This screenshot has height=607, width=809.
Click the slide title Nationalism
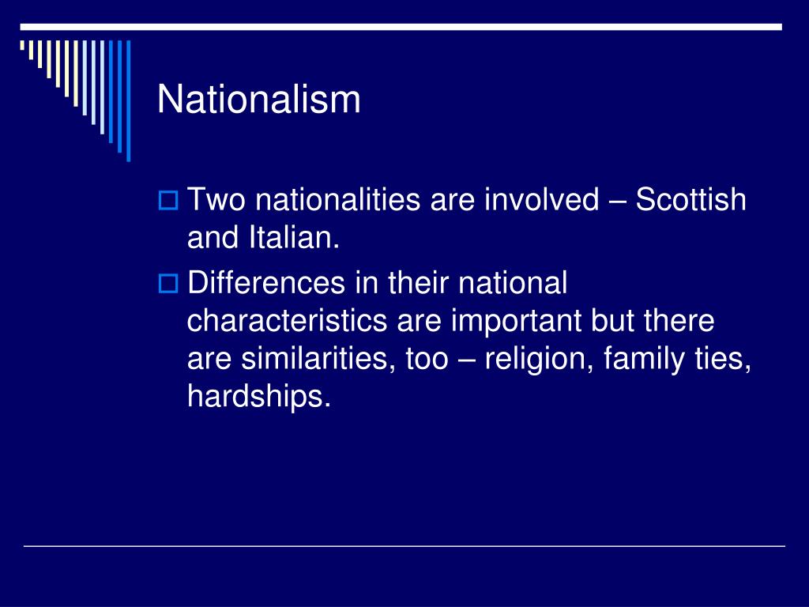(258, 99)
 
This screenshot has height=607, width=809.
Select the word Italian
(294, 237)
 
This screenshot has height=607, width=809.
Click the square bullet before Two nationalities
(167, 200)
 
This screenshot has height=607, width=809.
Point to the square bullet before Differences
(167, 284)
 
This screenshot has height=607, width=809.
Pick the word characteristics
(287, 321)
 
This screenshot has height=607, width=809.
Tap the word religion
(539, 360)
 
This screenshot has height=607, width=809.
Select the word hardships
(258, 397)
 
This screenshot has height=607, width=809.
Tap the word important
(516, 322)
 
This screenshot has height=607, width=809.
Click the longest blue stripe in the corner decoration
(129, 100)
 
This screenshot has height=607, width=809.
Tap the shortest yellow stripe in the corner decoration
(22, 45)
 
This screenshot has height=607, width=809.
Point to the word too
(427, 360)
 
